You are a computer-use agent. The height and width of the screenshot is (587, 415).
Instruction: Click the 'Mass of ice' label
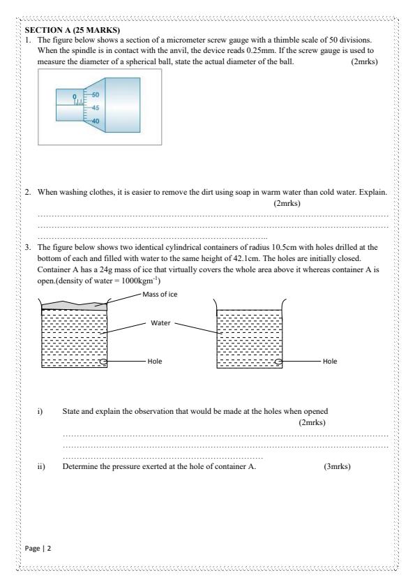tap(162, 294)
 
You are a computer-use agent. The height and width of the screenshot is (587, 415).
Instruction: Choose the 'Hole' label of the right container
tap(331, 362)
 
